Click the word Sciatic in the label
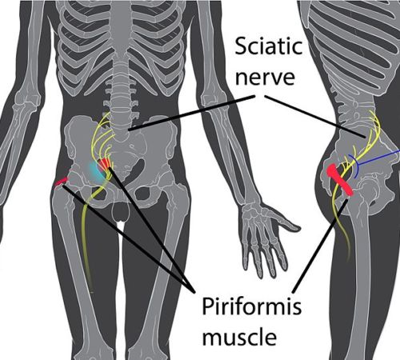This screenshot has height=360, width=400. click(269, 46)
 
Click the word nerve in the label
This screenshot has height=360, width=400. click(265, 77)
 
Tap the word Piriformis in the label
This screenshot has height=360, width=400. click(252, 307)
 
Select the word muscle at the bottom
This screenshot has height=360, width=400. click(239, 337)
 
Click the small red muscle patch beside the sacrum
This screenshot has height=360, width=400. click(104, 163)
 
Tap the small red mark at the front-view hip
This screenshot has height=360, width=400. click(61, 182)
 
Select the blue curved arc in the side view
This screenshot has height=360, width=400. click(357, 166)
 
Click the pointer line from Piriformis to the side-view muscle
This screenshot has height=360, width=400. click(320, 245)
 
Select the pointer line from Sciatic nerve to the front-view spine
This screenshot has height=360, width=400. click(191, 113)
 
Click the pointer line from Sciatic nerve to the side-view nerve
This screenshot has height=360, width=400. click(314, 117)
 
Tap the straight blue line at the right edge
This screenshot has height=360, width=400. click(378, 158)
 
